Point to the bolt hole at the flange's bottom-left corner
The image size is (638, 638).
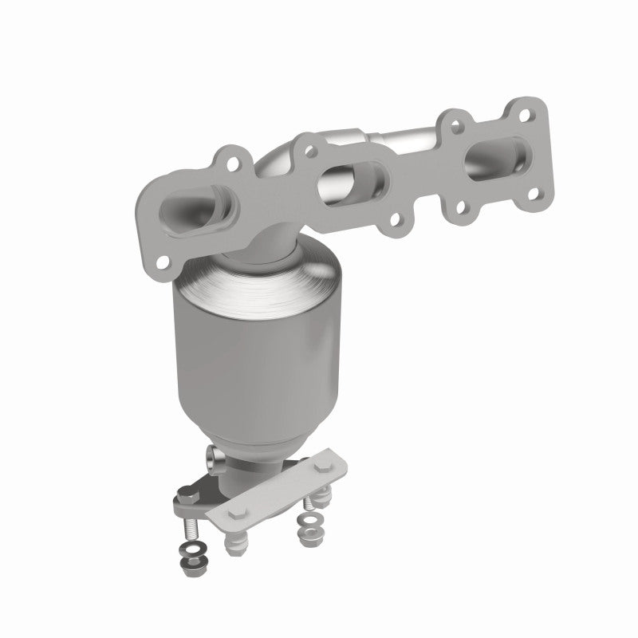[x=163, y=261]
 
